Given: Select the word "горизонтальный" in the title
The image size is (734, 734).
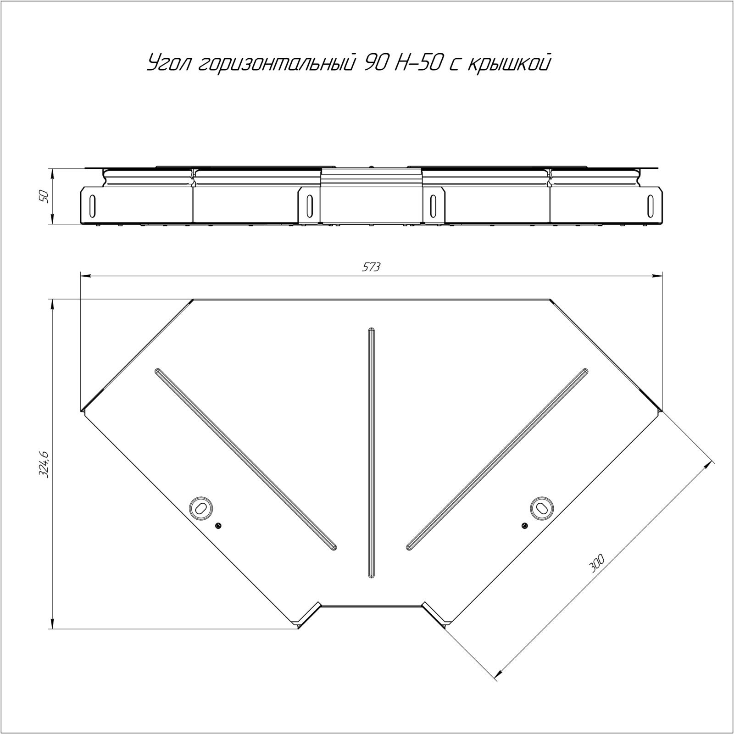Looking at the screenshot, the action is [276, 64].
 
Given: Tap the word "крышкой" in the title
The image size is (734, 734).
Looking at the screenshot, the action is [508, 63].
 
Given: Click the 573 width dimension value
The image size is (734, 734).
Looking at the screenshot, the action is [372, 267].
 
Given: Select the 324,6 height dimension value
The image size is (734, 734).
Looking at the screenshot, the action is [44, 464].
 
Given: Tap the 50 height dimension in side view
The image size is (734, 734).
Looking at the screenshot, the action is [44, 196].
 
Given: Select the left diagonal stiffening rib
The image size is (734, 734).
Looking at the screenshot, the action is [246, 458].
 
